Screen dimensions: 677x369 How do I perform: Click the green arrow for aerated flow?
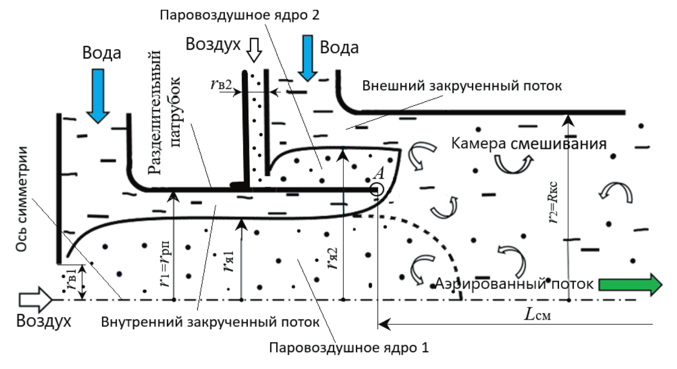click(630, 284)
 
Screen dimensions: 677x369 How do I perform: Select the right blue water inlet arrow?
click(308, 58)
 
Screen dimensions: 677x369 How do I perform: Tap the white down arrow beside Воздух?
click(254, 50)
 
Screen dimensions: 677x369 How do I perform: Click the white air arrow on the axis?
click(35, 300)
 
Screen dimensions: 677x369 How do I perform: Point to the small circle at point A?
click(377, 190)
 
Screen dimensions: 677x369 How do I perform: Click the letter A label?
click(379, 173)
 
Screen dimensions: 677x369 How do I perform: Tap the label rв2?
click(221, 84)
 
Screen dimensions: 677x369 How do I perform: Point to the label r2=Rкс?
click(553, 203)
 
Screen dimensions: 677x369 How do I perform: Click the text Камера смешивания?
click(529, 143)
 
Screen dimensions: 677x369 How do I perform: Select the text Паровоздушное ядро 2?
click(239, 15)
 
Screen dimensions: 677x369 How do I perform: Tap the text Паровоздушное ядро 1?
click(349, 348)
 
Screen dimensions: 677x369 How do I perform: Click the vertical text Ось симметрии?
click(21, 199)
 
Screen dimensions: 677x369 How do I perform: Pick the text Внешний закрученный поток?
click(462, 86)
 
